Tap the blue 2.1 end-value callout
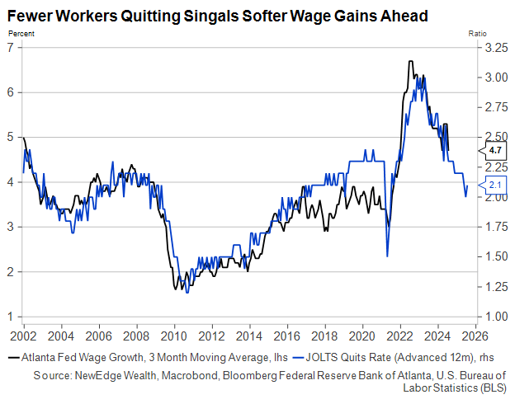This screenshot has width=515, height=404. pos(494,185)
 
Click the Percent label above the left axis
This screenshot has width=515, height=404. pos(21,33)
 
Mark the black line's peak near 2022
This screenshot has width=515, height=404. pos(410,62)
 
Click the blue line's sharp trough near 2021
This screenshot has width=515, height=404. pos(387,256)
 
